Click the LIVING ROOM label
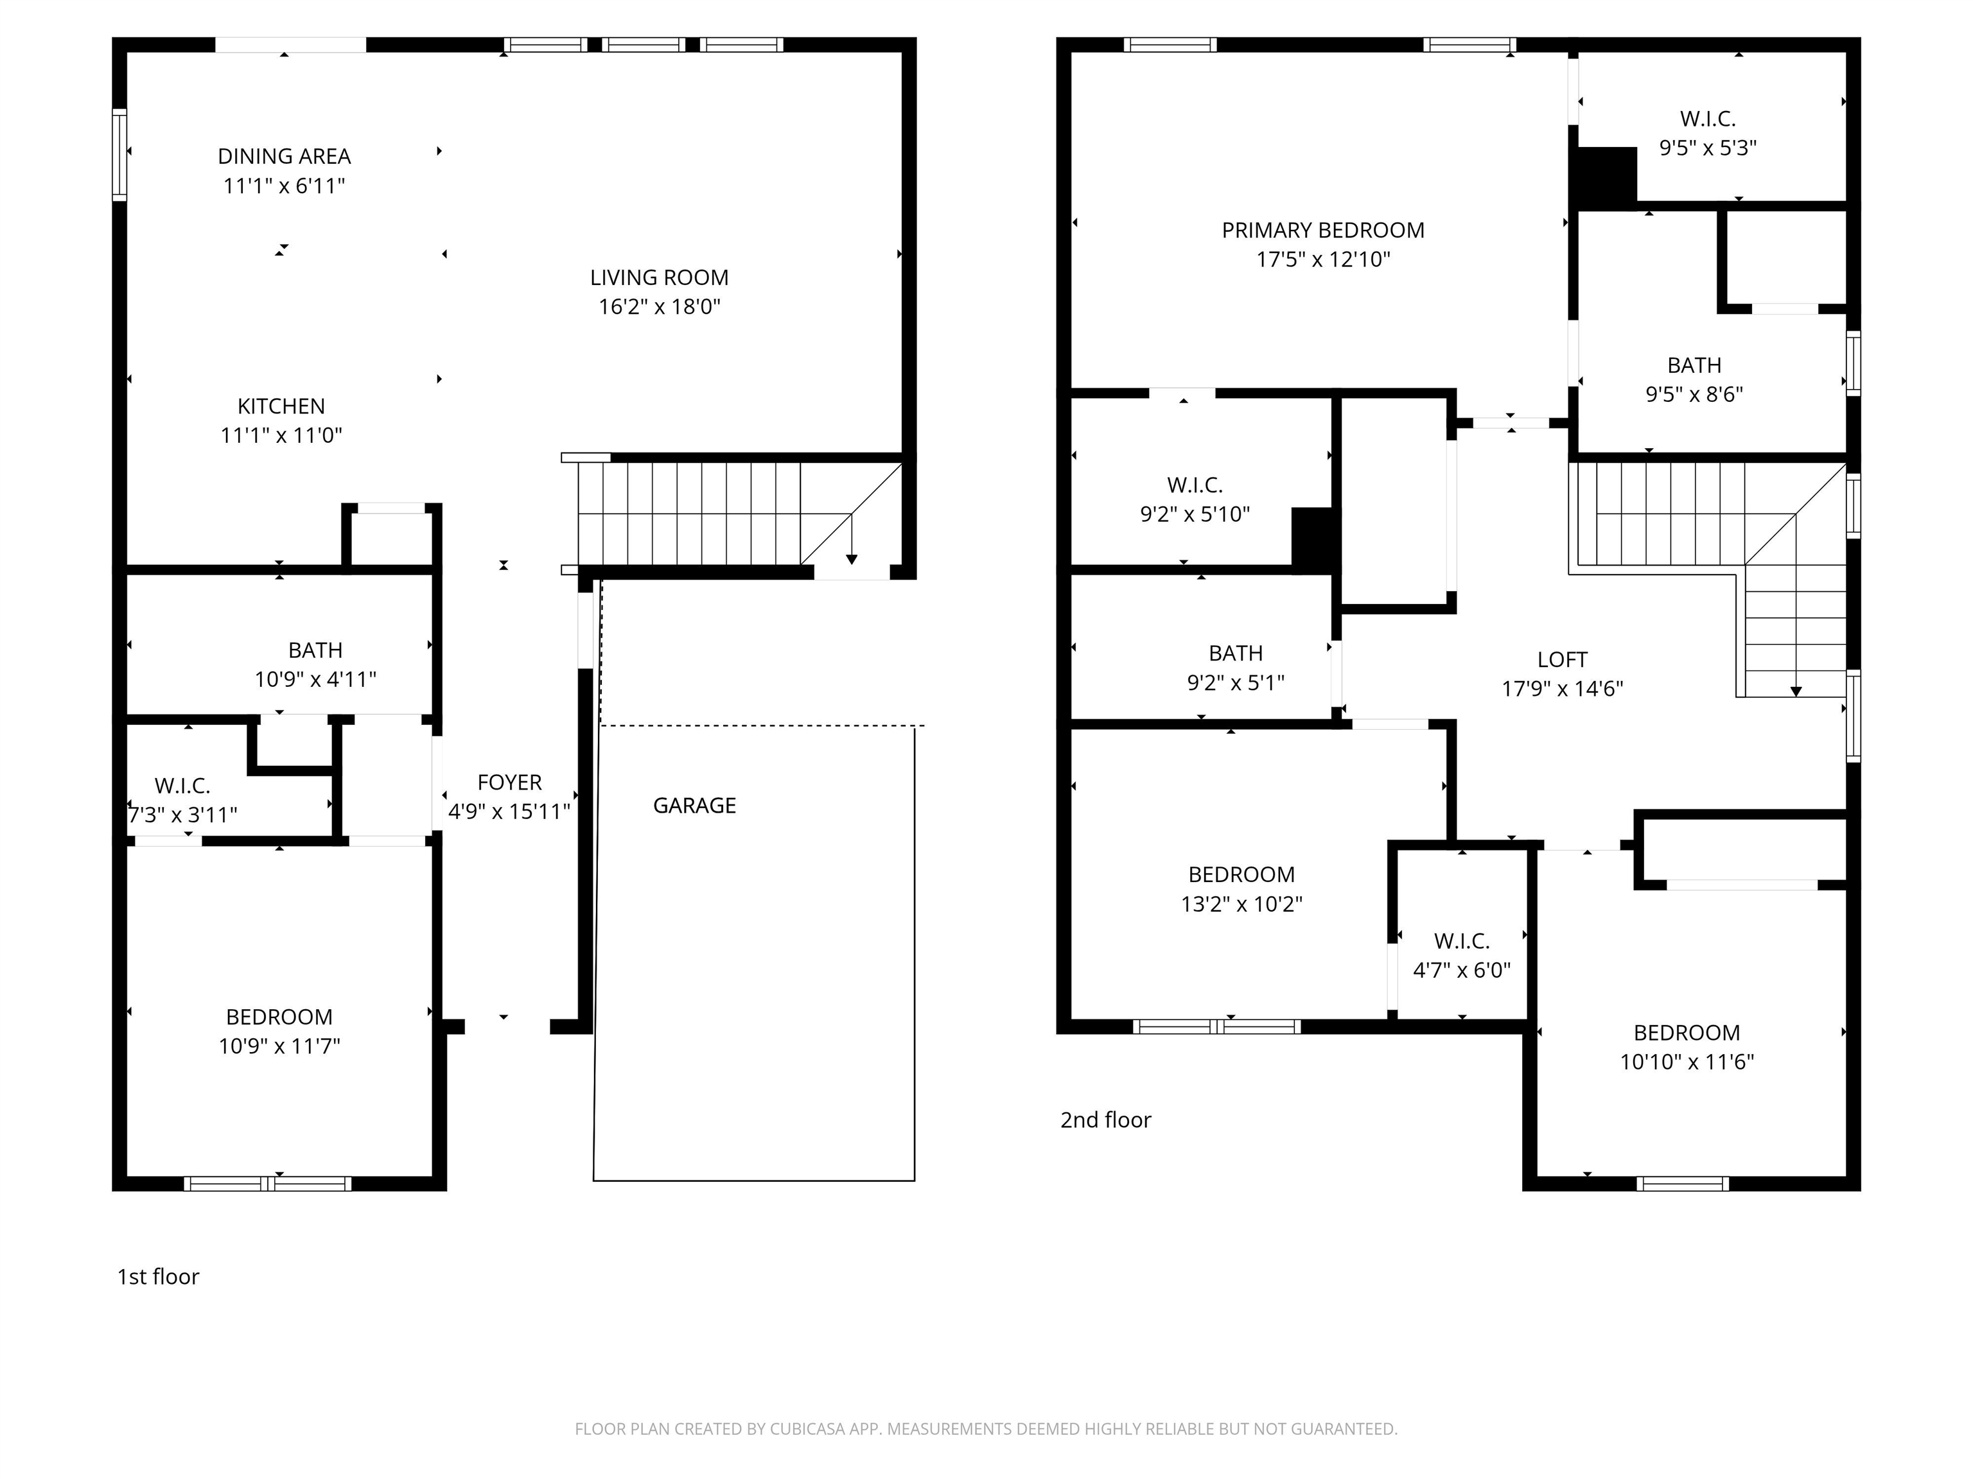tap(659, 278)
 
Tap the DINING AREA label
tap(285, 157)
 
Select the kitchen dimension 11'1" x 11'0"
tap(282, 436)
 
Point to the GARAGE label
tap(695, 806)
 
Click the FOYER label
tap(509, 783)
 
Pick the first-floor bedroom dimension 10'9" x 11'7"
tap(280, 1046)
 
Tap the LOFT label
tap(1563, 660)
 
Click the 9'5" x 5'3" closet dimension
tap(1708, 148)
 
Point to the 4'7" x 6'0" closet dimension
tap(1462, 971)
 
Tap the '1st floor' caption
tap(159, 1277)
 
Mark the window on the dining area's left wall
tap(119, 155)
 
